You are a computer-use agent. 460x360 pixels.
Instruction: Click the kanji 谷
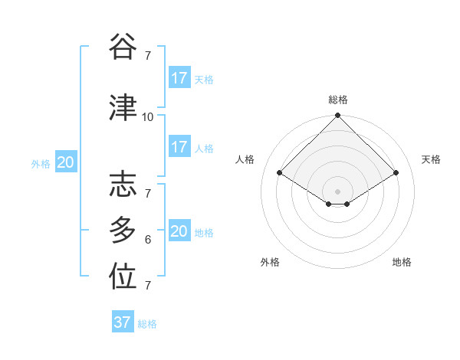coord(123,47)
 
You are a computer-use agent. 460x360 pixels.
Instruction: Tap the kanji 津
coord(123,108)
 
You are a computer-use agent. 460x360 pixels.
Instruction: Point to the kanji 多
coord(123,230)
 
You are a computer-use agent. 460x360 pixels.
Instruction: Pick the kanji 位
coord(123,277)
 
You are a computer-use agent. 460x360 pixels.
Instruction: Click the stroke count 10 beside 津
coord(148,117)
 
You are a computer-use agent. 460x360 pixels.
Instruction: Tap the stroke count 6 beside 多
coord(148,240)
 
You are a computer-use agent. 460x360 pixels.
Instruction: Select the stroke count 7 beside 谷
coord(148,56)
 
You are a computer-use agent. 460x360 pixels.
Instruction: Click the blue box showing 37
coord(123,322)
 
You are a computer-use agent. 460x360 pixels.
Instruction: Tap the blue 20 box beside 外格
coord(65,162)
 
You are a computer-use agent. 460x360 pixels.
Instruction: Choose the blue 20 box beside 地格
coord(179,231)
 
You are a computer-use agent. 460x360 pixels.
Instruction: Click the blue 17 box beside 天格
coord(179,78)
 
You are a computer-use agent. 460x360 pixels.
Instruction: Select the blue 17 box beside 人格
coord(179,147)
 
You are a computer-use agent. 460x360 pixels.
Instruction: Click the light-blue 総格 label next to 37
coord(148,324)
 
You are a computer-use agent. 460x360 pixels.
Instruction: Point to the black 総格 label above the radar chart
coord(337,100)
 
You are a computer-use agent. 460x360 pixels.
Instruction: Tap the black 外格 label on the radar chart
coord(270,262)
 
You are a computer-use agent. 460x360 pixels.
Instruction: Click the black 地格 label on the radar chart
coord(402,262)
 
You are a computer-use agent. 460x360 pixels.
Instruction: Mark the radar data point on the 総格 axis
coord(337,116)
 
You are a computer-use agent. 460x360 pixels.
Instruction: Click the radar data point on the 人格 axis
coord(280,173)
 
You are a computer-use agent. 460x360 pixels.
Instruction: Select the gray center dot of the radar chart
coord(337,191)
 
